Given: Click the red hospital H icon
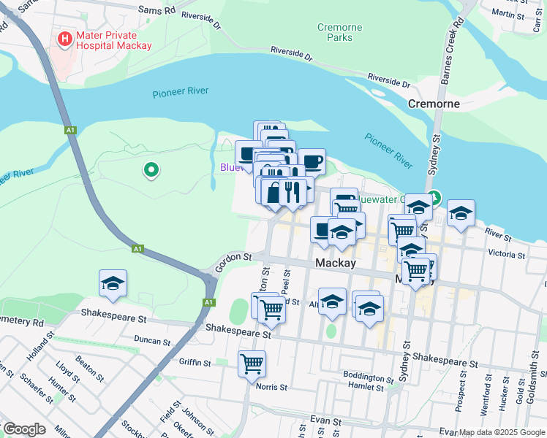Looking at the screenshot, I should (65, 37).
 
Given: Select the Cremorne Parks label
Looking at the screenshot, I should (339, 32).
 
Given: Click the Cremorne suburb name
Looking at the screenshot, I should (434, 104).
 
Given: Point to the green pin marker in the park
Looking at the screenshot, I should (151, 170).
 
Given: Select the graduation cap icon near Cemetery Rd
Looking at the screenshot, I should (113, 283).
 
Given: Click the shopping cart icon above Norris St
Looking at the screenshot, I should (252, 362).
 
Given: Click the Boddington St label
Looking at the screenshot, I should (368, 377).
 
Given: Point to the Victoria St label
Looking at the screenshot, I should (506, 255).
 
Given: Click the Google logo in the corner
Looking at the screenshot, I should (23, 429).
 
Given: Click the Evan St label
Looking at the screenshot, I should (326, 421).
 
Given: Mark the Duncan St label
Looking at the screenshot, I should (153, 341).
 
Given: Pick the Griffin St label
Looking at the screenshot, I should (195, 361).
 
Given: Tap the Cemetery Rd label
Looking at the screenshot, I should (22, 321).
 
